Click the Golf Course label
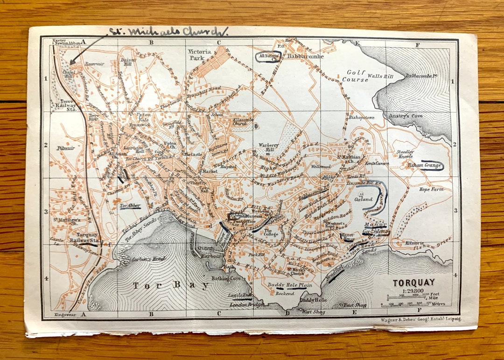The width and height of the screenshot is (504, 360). point(357,76)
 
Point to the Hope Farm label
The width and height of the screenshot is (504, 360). point(430,190)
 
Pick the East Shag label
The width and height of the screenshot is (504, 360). point(354,305)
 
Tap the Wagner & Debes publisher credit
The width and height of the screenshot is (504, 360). point(420,319)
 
